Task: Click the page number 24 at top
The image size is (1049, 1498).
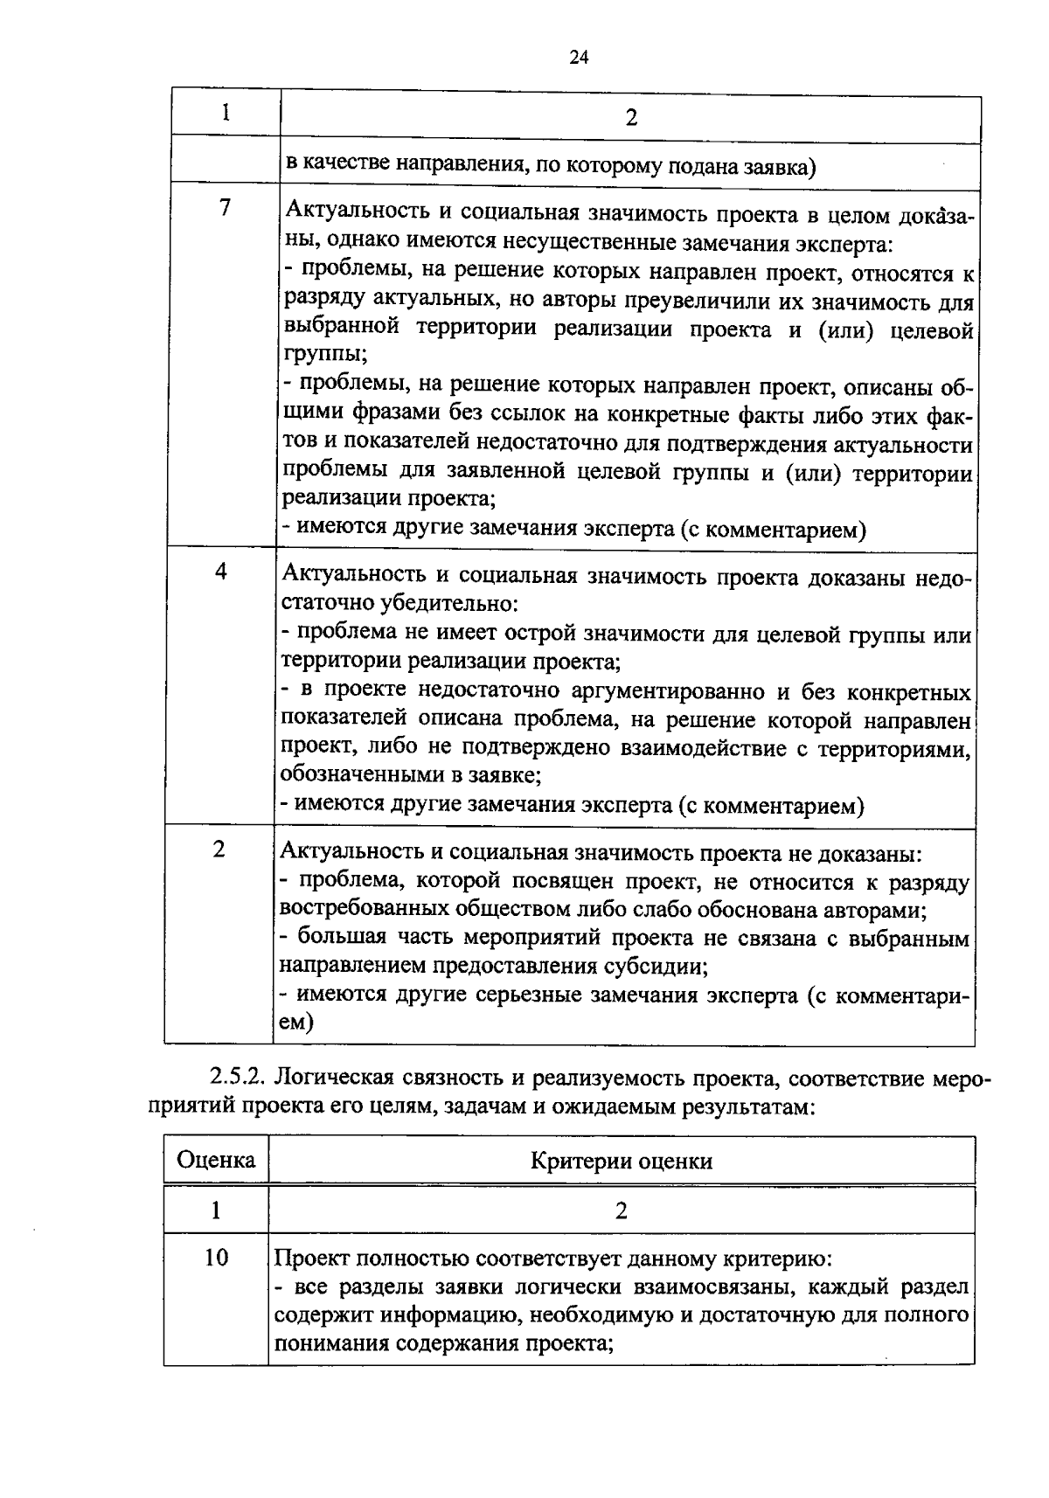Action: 579,58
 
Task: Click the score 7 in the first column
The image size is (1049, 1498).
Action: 225,208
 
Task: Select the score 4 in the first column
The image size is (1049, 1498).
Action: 221,572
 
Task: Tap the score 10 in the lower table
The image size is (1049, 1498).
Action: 215,1258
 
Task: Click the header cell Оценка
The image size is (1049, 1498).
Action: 216,1160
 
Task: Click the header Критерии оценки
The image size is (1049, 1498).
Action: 622,1161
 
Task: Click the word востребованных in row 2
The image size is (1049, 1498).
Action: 351,910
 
